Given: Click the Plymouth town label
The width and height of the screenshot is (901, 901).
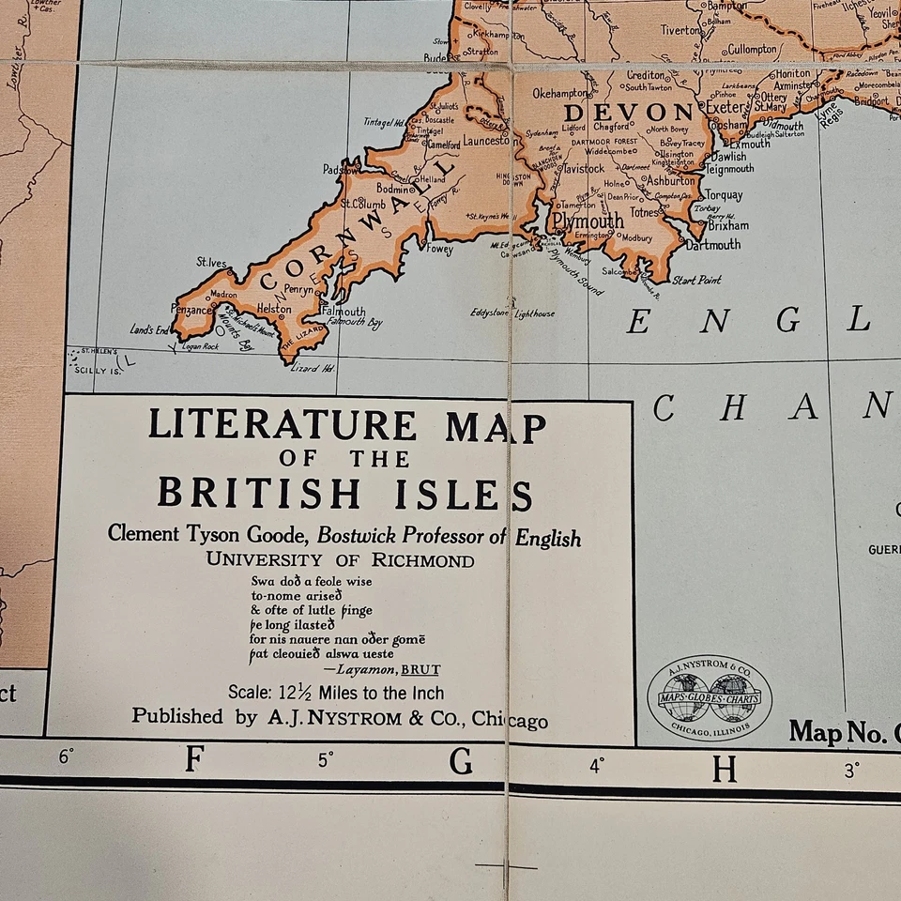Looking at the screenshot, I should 588,221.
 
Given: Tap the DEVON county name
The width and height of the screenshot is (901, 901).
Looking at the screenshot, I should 614,112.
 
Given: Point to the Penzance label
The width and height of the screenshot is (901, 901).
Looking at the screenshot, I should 192,309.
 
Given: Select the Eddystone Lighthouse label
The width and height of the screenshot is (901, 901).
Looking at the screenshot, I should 512,313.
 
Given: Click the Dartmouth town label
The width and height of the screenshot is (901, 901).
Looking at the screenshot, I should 712,245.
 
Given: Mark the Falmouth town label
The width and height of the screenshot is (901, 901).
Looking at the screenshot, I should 344,312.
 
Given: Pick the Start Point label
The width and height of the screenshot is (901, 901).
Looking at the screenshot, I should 696,280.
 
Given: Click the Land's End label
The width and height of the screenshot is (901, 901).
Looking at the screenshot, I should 149,329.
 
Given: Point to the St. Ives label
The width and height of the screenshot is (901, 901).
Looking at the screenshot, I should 211,263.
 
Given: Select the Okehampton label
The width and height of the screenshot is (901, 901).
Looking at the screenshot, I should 561,94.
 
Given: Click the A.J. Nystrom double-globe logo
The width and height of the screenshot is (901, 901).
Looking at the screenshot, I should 710,700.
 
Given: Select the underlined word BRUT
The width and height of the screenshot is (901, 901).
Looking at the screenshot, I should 420,669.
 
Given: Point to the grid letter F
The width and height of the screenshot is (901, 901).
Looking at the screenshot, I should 194,758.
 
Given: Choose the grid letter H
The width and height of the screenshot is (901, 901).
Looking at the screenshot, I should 724,769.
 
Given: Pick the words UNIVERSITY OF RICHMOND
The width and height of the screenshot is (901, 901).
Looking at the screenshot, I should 340,560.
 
